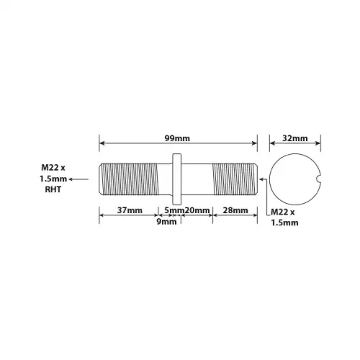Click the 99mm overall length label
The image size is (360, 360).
177,138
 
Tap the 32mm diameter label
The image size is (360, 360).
294,138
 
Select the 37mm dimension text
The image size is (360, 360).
130,210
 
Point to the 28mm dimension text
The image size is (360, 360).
235,210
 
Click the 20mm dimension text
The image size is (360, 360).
197,210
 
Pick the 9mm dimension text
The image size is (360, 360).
166,222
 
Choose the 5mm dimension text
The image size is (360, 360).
174,210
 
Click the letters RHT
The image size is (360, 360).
53,189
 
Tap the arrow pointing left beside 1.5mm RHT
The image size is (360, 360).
78,179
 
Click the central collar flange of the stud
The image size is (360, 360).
177,179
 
